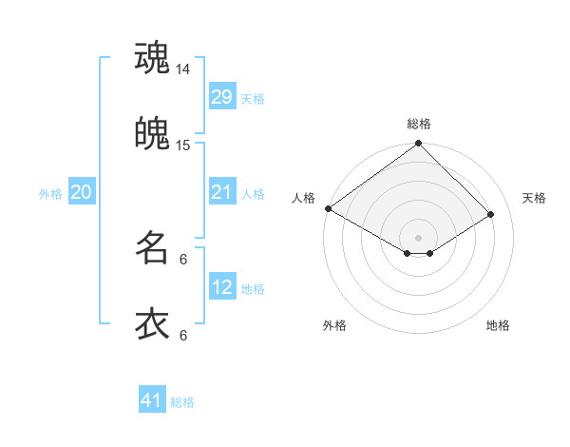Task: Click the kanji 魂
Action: tap(152, 57)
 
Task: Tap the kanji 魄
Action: tap(152, 133)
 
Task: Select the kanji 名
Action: tap(152, 248)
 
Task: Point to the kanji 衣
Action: tap(152, 324)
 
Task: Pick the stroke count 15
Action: tap(183, 145)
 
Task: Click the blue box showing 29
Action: tap(222, 97)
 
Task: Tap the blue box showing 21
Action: tap(222, 193)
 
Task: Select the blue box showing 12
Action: tap(222, 288)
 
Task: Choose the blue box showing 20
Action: tap(82, 193)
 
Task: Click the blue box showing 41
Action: tap(152, 400)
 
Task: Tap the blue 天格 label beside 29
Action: tap(253, 98)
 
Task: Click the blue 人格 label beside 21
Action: tap(253, 194)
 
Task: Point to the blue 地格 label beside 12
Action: tap(253, 289)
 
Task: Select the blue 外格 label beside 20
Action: tap(50, 194)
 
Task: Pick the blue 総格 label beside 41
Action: tap(182, 402)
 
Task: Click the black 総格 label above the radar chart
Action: tap(419, 124)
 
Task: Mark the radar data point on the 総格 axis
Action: tap(419, 145)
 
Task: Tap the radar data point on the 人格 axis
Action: tap(328, 208)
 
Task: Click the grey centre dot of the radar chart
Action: tap(419, 237)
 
